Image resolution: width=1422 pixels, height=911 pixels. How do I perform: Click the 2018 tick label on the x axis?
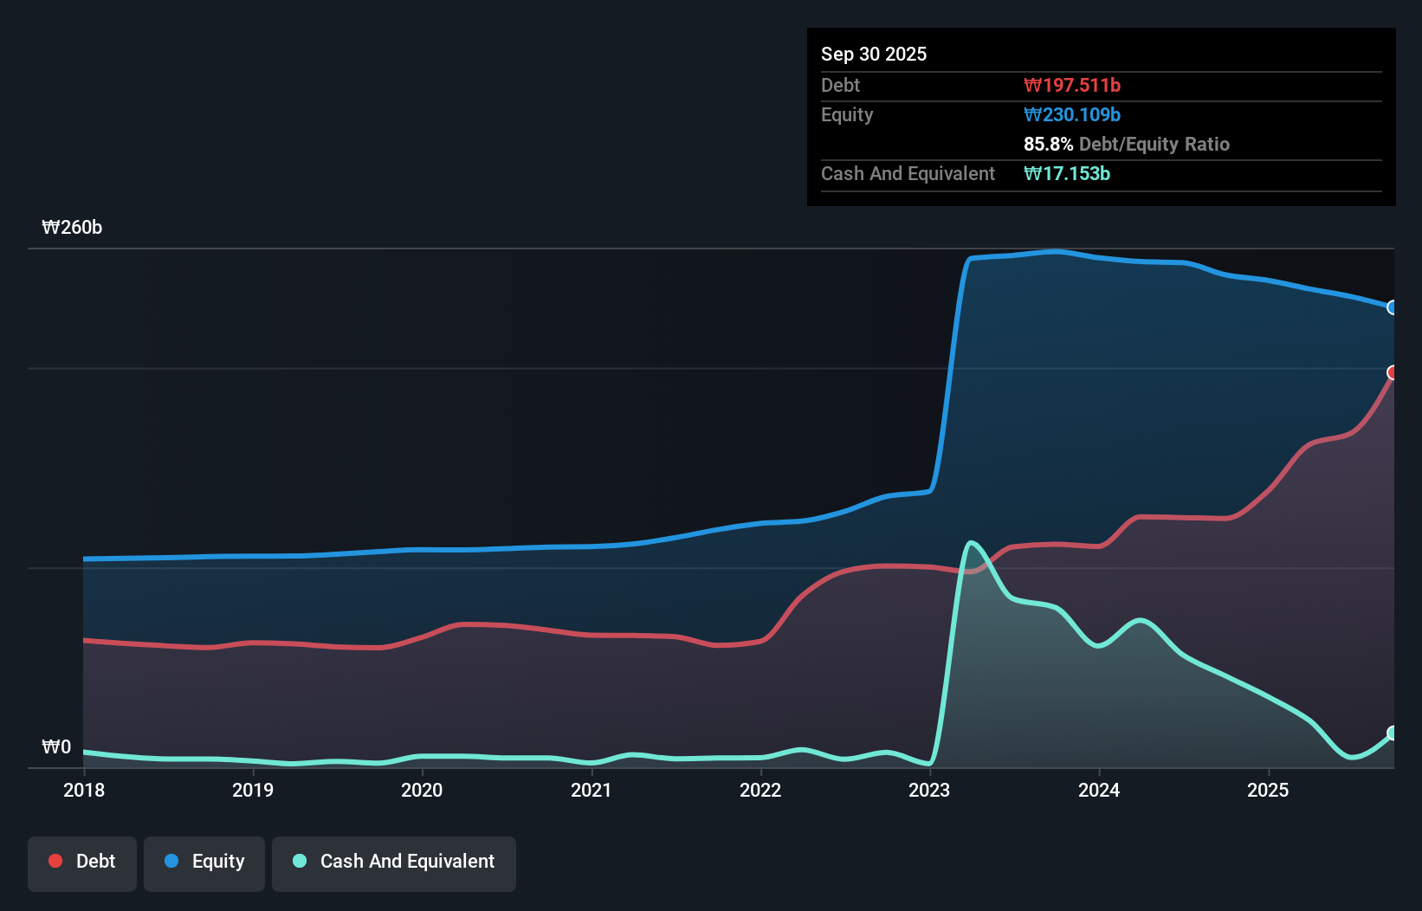tap(84, 790)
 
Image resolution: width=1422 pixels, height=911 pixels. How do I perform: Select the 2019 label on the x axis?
tap(253, 790)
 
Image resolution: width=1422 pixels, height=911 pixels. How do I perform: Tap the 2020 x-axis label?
tap(422, 790)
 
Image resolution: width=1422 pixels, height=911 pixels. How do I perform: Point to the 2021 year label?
tap(591, 790)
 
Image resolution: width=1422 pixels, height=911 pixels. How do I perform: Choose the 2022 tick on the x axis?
tap(760, 790)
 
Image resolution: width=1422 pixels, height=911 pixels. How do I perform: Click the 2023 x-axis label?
tap(929, 790)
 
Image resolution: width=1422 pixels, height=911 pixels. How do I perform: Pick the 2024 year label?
tap(1099, 790)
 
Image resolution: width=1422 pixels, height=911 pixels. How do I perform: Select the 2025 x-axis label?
tap(1268, 790)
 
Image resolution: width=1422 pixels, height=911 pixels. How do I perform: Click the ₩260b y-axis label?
tap(72, 228)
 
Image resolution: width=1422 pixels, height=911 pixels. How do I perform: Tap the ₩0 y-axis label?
tap(56, 747)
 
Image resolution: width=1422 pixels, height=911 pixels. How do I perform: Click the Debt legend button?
tap(82, 862)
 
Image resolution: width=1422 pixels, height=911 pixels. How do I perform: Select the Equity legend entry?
tap(204, 862)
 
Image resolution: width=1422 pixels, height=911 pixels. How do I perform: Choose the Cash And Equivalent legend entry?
tap(394, 862)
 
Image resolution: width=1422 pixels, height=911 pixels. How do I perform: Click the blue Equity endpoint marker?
tap(1393, 307)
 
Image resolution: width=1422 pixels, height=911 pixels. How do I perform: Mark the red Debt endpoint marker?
tap(1393, 372)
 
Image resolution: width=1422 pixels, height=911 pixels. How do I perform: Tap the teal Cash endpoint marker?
tap(1393, 733)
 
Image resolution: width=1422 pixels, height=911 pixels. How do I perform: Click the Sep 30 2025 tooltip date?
tap(874, 55)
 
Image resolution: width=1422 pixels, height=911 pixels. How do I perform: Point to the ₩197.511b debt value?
tap(1072, 86)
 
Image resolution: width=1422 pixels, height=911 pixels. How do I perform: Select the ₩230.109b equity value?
tap(1072, 115)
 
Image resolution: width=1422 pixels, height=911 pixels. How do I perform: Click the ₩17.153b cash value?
tap(1067, 174)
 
